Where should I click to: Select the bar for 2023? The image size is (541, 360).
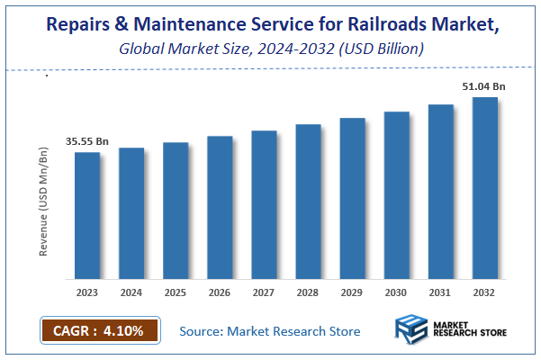87,216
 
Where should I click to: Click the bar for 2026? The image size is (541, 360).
220,208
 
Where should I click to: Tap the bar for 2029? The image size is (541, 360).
352,199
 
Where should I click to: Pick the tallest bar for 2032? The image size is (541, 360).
485,188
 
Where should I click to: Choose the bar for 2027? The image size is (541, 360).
264,205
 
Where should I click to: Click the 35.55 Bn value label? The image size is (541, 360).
86,141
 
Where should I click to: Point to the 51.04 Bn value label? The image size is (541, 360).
483,85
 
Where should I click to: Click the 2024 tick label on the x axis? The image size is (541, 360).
131,292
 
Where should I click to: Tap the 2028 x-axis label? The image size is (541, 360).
308,292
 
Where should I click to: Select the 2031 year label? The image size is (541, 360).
440,292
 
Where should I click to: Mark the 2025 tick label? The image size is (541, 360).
176,292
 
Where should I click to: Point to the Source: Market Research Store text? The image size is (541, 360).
269,331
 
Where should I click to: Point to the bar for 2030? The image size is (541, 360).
396,195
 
